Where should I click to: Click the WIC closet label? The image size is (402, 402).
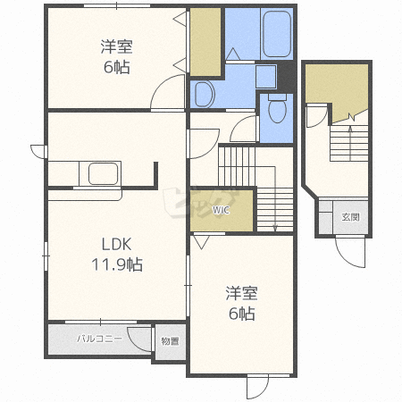click(221, 210)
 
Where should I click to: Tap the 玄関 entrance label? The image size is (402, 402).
click(350, 217)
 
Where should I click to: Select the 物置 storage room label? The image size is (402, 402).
click(170, 341)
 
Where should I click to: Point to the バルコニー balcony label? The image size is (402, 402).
click(99, 339)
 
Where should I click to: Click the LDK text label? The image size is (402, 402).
click(116, 245)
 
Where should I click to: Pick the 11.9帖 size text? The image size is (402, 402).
click(117, 264)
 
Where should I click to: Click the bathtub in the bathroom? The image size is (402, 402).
click(277, 34)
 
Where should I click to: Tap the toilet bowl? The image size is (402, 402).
click(277, 109)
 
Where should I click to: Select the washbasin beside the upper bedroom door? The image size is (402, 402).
click(205, 95)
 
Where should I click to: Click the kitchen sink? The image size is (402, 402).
click(103, 173)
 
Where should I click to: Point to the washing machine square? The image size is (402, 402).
click(265, 77)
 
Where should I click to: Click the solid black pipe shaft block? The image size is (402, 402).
click(286, 77)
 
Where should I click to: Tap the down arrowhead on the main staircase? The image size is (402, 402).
click(275, 228)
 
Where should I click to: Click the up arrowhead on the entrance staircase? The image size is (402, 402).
click(350, 129)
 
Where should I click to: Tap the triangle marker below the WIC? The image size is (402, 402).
click(202, 242)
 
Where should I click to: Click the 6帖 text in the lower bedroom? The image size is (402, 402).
click(241, 314)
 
